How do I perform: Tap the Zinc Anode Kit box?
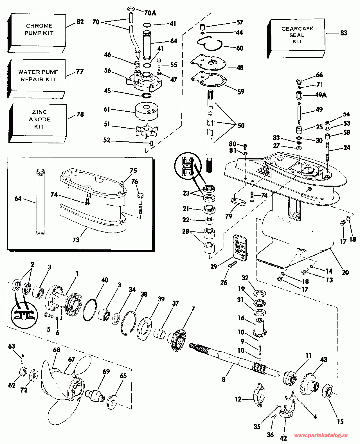[x=39, y=120]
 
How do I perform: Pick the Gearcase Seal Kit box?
[x=297, y=35]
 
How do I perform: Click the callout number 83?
[x=343, y=33]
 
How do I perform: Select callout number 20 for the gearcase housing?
[x=345, y=272]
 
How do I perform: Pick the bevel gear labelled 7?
[x=177, y=340]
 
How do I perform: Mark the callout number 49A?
[x=321, y=95]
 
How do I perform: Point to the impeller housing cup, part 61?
[x=147, y=111]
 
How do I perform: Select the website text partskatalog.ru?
[x=320, y=436]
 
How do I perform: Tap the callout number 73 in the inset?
[x=76, y=240]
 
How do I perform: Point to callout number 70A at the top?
[x=150, y=13]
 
